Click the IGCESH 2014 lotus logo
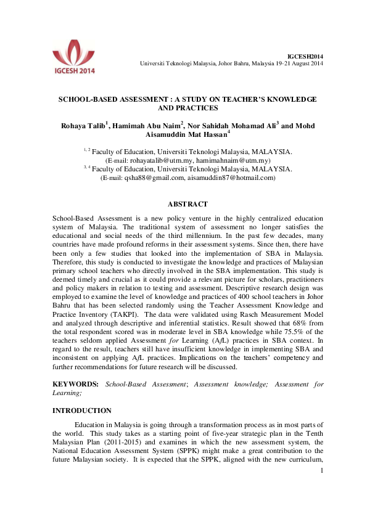(x=73, y=58)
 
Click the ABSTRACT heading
(x=188, y=204)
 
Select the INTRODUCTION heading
(x=82, y=411)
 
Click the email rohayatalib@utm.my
(x=160, y=160)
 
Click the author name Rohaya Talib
(x=85, y=126)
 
